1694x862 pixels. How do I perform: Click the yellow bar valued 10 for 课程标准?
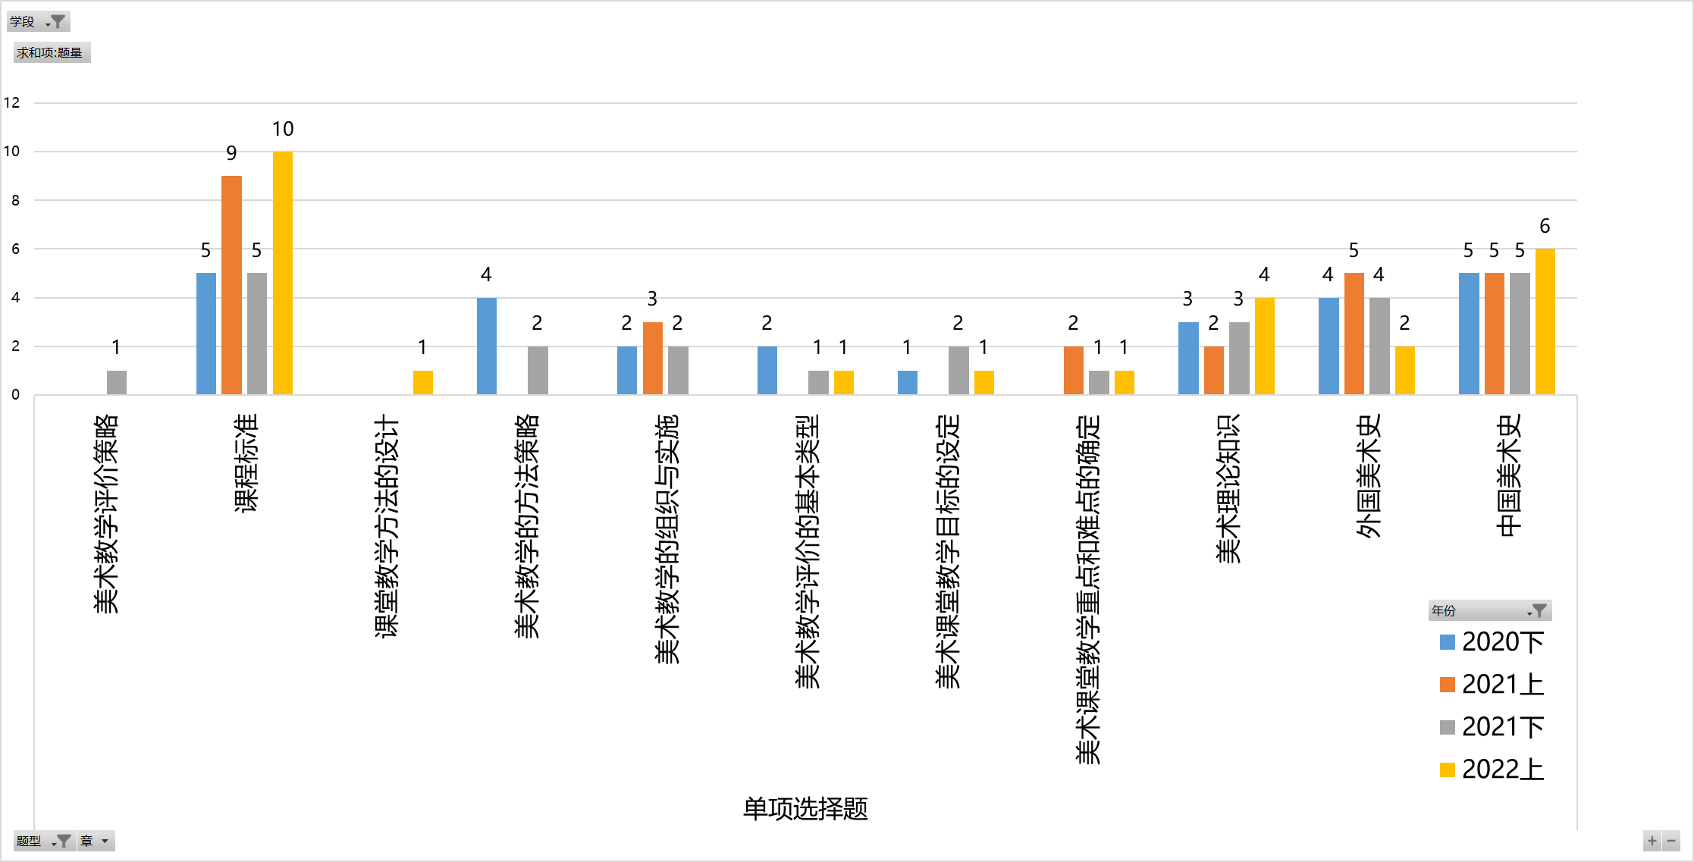(x=282, y=273)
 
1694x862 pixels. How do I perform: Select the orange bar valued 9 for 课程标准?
(x=231, y=285)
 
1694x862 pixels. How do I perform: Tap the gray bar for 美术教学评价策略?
(x=116, y=382)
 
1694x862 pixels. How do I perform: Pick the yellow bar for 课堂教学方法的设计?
(x=422, y=382)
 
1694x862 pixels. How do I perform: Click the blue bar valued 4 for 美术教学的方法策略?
(x=486, y=346)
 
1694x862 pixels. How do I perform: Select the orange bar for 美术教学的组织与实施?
(x=652, y=358)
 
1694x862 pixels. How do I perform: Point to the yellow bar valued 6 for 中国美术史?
(x=1545, y=321)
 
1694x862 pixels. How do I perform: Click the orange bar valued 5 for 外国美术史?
(x=1354, y=334)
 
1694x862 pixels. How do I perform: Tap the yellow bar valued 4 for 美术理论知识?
(x=1264, y=346)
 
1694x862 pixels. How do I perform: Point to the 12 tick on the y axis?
(x=12, y=102)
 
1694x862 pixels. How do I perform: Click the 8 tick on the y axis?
(x=15, y=200)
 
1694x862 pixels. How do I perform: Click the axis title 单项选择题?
(x=805, y=809)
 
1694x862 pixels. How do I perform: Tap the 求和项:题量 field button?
(x=51, y=52)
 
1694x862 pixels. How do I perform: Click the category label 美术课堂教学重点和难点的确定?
(x=1088, y=588)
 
